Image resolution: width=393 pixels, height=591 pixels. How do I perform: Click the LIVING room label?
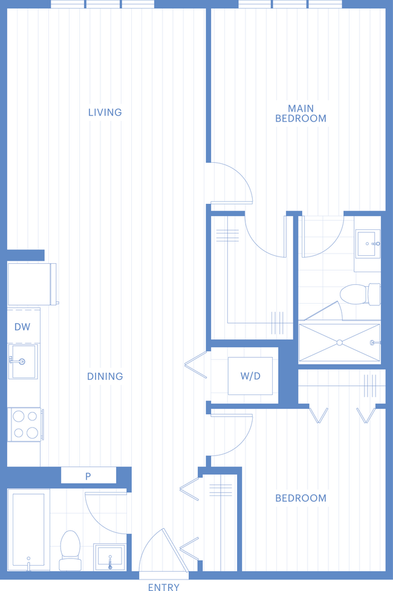pyautogui.click(x=105, y=113)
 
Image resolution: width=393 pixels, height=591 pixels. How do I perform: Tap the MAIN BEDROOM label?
pyautogui.click(x=300, y=114)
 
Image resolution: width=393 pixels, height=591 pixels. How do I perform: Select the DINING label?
pyautogui.click(x=105, y=376)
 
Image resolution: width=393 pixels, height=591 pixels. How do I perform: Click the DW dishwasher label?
pyautogui.click(x=22, y=327)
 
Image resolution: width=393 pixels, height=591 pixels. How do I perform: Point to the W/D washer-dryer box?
pyautogui.click(x=250, y=376)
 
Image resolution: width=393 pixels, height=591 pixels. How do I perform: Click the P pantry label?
pyautogui.click(x=88, y=476)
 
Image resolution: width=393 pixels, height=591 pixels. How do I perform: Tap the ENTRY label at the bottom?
pyautogui.click(x=163, y=587)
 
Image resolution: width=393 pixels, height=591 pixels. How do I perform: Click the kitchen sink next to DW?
pyautogui.click(x=23, y=362)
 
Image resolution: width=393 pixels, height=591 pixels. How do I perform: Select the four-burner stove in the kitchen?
pyautogui.click(x=25, y=425)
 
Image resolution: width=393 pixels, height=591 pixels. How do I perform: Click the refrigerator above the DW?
pyautogui.click(x=32, y=284)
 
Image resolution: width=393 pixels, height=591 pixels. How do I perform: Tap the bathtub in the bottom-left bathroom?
pyautogui.click(x=28, y=529)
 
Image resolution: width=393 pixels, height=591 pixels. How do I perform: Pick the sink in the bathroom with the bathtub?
pyautogui.click(x=109, y=557)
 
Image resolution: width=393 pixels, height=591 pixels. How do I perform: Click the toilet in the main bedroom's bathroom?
pyautogui.click(x=360, y=294)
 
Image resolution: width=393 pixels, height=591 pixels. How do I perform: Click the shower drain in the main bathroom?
pyautogui.click(x=340, y=342)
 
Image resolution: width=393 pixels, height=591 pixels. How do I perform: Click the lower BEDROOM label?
pyautogui.click(x=300, y=498)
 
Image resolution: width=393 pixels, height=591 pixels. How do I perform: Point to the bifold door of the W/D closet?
pyautogui.click(x=196, y=365)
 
